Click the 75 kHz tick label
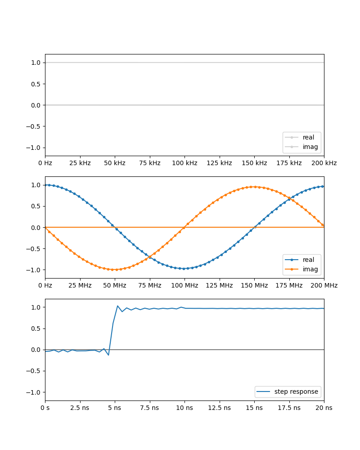point(149,163)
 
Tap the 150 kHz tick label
point(254,163)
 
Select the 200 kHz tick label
point(324,163)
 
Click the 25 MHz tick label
point(80,285)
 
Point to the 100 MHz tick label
point(184,285)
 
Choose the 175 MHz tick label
point(289,285)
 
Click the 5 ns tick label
point(115,407)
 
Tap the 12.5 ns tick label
point(219,407)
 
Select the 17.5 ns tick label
point(289,407)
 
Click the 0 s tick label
point(45,407)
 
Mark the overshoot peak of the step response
point(117,306)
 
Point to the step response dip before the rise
point(108,355)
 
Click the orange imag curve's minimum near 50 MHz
point(115,270)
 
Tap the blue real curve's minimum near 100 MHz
point(184,269)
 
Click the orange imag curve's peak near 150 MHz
point(254,187)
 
